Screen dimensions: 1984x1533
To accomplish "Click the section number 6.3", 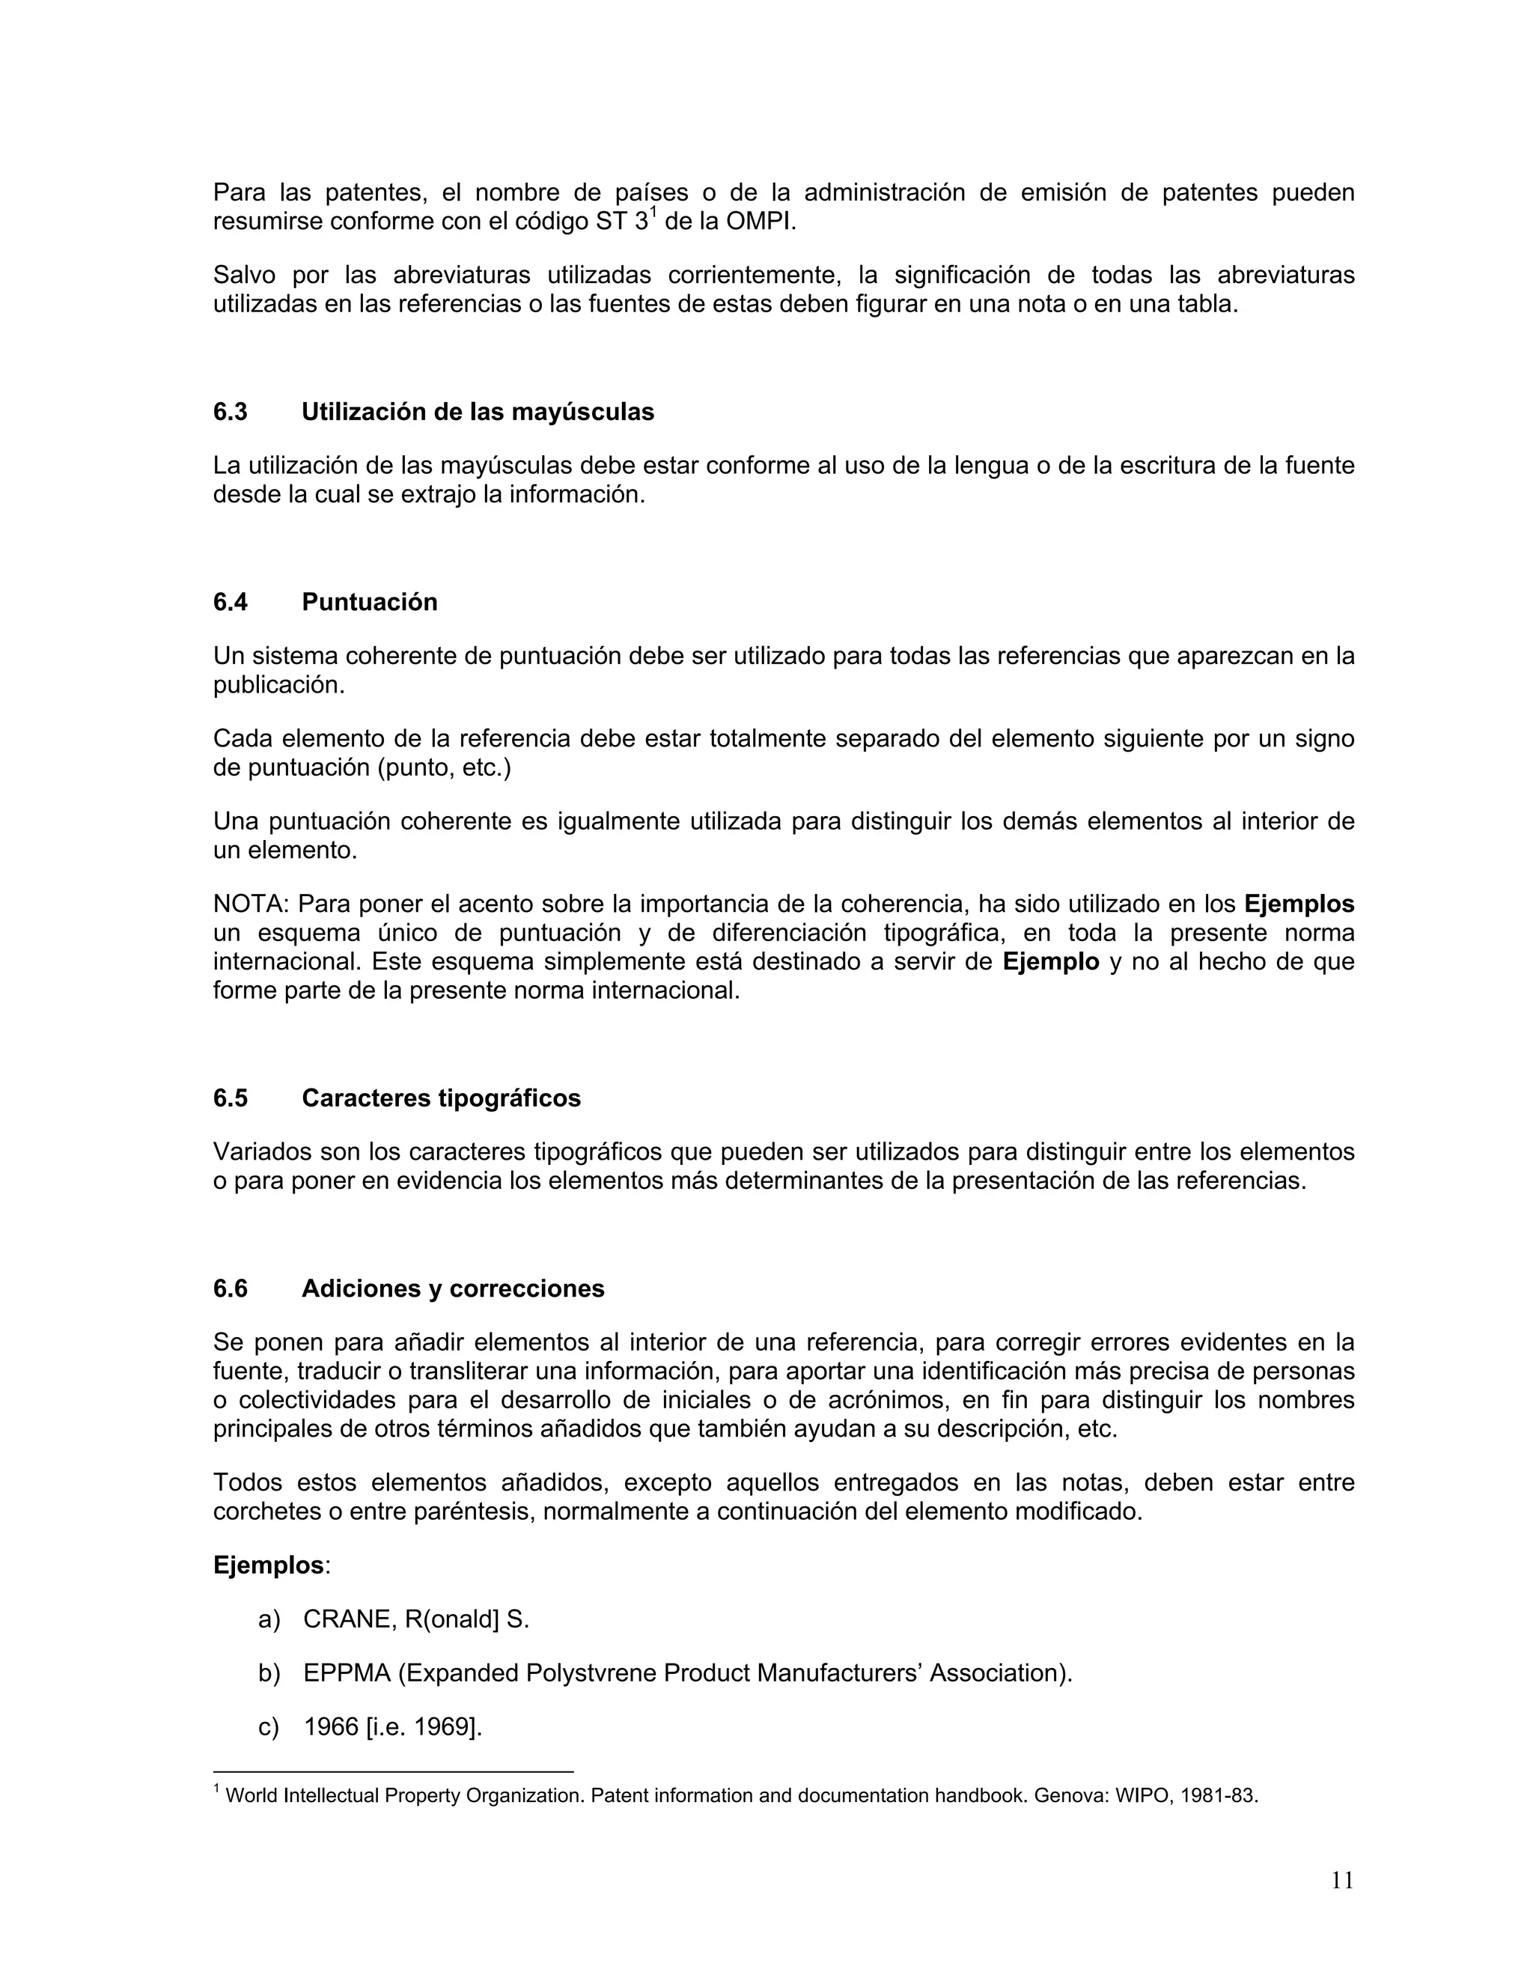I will tap(230, 413).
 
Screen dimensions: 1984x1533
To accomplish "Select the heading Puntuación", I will tap(369, 602).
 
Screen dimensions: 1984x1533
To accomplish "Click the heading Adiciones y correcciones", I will tap(452, 1289).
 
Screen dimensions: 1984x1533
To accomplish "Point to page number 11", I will tap(1342, 1881).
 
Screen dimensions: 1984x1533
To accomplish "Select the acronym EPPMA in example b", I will tap(346, 1673).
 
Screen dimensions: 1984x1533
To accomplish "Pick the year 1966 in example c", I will tap(331, 1727).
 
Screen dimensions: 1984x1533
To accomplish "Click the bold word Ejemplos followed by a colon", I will tap(268, 1565).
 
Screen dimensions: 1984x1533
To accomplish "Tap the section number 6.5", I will tap(230, 1098).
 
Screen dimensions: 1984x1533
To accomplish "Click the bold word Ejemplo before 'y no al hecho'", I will tap(1050, 962).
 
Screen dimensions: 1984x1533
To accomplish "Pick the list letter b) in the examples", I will tap(269, 1673).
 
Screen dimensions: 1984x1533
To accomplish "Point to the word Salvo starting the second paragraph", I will tap(244, 276).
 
